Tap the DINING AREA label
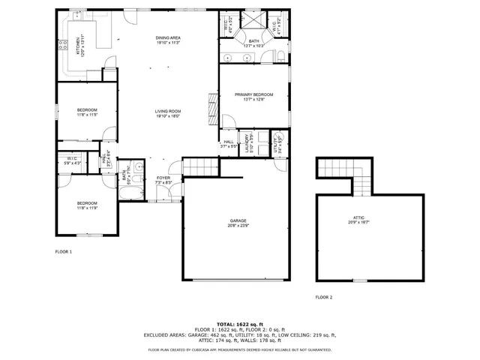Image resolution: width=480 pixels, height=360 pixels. coord(168,38)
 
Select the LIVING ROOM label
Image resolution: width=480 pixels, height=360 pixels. coord(168,112)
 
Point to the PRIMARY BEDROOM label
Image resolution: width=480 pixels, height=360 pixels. coord(253,94)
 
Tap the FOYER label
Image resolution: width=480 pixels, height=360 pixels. coord(163,178)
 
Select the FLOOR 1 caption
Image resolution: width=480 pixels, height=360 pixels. coord(64,252)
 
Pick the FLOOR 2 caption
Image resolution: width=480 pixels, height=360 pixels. coord(323,298)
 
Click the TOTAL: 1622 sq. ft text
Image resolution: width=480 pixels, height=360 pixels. coord(239,323)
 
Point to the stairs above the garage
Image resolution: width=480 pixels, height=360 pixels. coord(199,166)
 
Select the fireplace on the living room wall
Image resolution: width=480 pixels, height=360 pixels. coord(212,111)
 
